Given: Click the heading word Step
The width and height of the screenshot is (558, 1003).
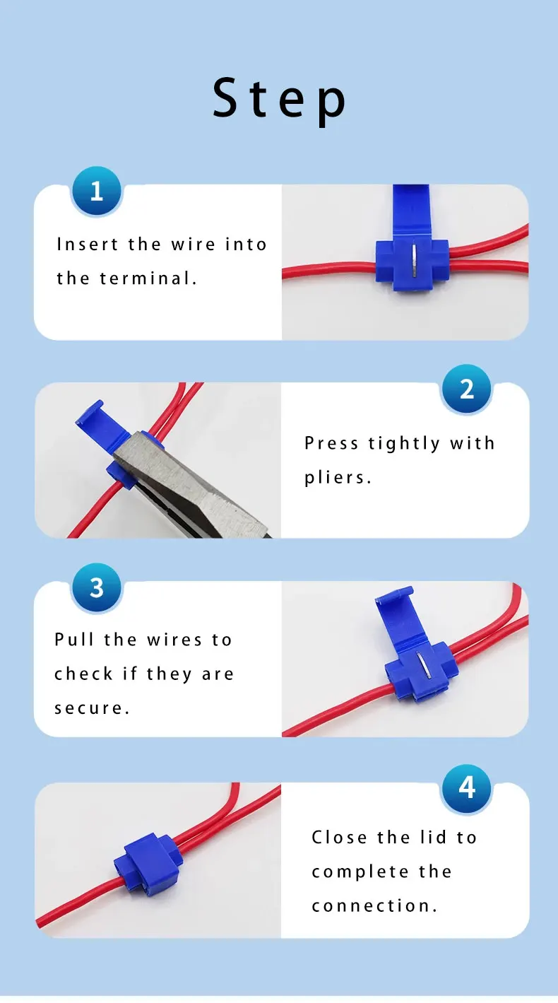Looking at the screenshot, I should point(280,99).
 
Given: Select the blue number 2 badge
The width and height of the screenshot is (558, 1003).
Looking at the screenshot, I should point(466,389).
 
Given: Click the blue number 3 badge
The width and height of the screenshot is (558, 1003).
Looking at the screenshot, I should point(97,587).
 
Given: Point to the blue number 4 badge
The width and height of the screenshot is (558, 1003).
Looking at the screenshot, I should point(466,787).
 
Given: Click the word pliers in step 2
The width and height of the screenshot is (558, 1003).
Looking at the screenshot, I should point(338,478).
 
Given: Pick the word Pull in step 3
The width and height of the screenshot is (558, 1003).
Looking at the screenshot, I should point(74,640).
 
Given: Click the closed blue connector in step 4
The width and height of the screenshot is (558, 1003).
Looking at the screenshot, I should point(150,861).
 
